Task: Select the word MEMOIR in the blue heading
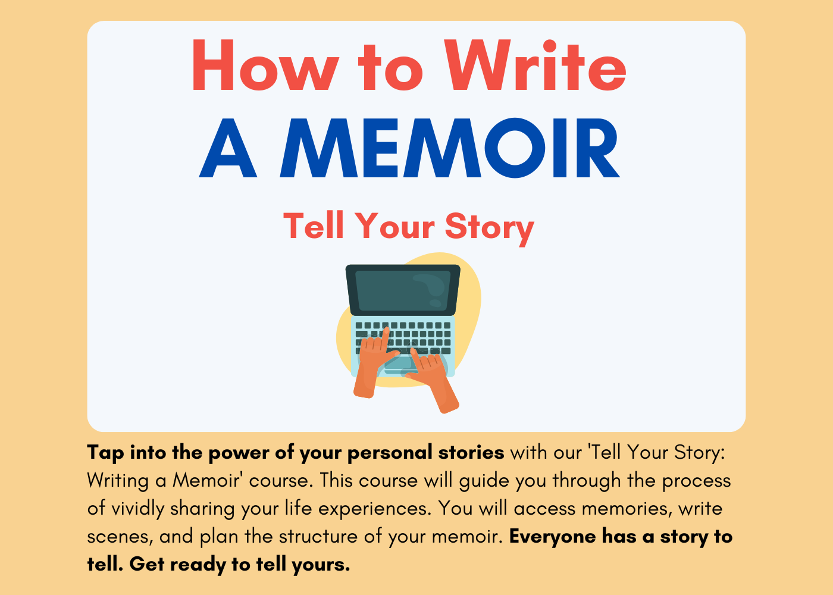point(450,149)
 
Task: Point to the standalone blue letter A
point(228,149)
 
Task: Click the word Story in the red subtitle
point(489,227)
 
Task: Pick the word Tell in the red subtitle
point(314,227)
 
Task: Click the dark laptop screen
point(403,290)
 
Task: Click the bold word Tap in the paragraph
point(106,453)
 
